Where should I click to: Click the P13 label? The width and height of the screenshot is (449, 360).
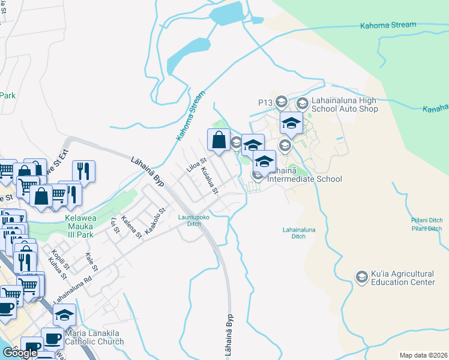click(x=265, y=103)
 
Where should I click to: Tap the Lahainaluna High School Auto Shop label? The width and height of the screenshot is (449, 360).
click(x=344, y=104)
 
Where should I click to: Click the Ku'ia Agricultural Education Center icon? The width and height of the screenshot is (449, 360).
click(x=362, y=277)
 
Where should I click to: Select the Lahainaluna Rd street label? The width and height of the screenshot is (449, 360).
click(x=71, y=291)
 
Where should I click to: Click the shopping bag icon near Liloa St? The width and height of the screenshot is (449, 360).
click(x=218, y=140)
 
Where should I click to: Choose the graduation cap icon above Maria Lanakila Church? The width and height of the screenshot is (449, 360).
click(x=65, y=314)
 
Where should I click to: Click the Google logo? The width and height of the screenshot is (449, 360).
click(x=20, y=353)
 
